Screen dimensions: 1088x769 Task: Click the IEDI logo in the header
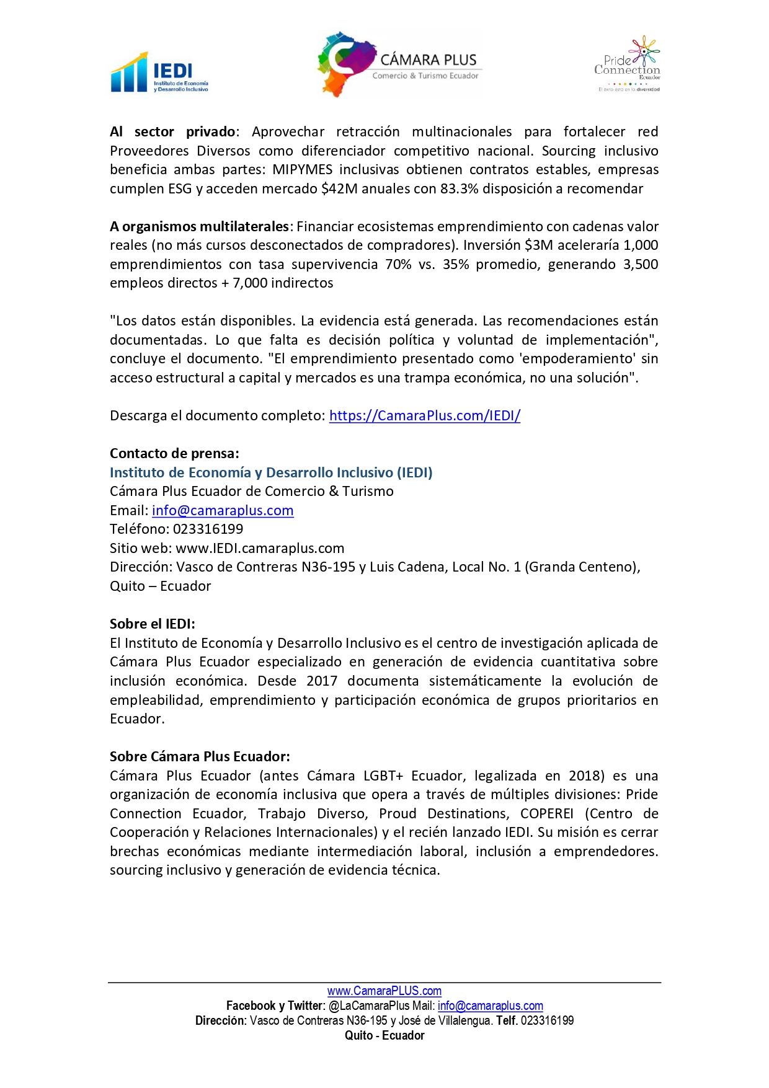[x=159, y=73]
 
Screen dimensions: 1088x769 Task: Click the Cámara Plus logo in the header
[x=398, y=64]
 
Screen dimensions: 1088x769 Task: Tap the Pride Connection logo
[x=628, y=64]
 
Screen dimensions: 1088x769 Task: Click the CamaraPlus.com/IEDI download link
[x=424, y=415]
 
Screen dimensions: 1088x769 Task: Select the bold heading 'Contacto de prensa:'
[x=174, y=453]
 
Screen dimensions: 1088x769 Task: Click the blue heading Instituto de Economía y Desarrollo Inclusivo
[x=271, y=472]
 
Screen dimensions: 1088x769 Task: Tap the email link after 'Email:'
[x=223, y=510]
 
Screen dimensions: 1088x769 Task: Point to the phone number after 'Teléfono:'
[x=208, y=529]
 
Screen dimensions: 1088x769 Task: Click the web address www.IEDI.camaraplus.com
[x=260, y=548]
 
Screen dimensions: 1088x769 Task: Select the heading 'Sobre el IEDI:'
[x=152, y=624]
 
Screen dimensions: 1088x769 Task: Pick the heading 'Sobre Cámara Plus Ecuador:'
[x=200, y=756]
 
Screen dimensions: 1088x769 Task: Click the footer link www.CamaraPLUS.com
[x=384, y=991]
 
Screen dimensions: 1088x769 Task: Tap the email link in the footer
[x=490, y=1006]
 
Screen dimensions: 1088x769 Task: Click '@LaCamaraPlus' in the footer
[x=369, y=1006]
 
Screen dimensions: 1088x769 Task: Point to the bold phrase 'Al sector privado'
[x=172, y=131]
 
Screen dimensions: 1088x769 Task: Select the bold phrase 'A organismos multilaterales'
[x=199, y=226]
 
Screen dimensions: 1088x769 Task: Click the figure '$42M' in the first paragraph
[x=339, y=188]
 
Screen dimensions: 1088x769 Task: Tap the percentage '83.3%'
[x=460, y=188]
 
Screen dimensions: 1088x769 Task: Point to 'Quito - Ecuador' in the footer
[x=384, y=1035]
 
